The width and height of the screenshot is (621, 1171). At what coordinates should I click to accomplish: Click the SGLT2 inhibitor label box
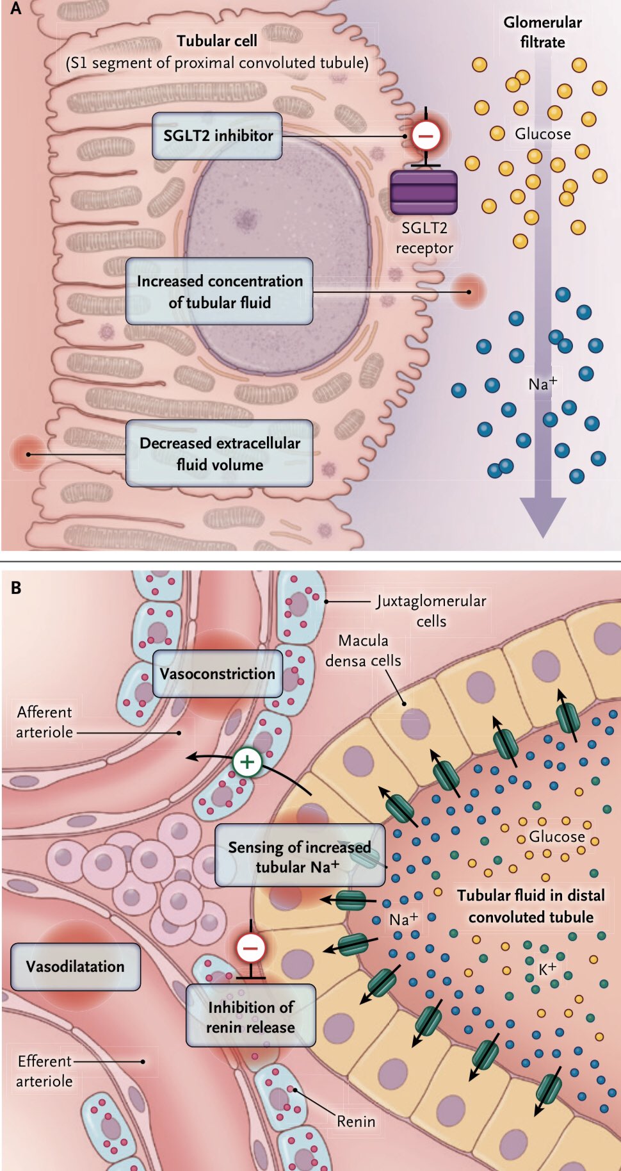pyautogui.click(x=217, y=136)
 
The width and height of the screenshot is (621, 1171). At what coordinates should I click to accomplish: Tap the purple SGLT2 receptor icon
pyautogui.click(x=424, y=192)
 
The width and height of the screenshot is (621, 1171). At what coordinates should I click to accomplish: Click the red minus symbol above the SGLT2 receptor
pyautogui.click(x=426, y=135)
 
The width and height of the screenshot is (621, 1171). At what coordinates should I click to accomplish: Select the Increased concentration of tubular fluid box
pyautogui.click(x=219, y=291)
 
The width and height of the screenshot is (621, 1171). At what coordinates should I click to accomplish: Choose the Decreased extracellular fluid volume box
pyautogui.click(x=219, y=454)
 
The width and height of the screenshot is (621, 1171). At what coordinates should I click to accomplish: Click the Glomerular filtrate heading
pyautogui.click(x=542, y=32)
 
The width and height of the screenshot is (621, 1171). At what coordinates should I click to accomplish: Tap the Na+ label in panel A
pyautogui.click(x=542, y=384)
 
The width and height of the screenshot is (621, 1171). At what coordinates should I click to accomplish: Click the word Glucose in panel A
pyautogui.click(x=542, y=134)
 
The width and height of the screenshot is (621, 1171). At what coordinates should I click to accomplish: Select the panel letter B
pyautogui.click(x=16, y=587)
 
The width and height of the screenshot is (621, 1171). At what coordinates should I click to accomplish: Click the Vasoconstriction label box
pyautogui.click(x=217, y=674)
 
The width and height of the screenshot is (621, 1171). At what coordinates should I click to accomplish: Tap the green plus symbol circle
pyautogui.click(x=247, y=762)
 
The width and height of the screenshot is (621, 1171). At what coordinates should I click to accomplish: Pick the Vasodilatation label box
pyautogui.click(x=75, y=967)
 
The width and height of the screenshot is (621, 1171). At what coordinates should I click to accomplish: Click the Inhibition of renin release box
pyautogui.click(x=250, y=1017)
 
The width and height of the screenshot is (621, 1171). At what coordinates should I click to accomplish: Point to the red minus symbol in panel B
pyautogui.click(x=250, y=947)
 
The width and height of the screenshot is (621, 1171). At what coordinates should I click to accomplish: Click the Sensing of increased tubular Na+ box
pyautogui.click(x=299, y=856)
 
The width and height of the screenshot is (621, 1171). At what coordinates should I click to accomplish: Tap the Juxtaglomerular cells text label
pyautogui.click(x=431, y=610)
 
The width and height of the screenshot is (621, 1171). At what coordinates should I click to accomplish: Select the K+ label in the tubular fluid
pyautogui.click(x=547, y=969)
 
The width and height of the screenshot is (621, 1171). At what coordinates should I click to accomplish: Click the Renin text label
pyautogui.click(x=356, y=1122)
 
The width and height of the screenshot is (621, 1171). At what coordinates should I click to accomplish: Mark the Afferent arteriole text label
pyautogui.click(x=44, y=722)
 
